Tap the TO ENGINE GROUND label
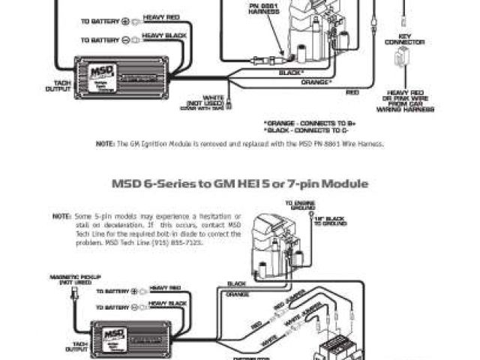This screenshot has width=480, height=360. coord(298,205)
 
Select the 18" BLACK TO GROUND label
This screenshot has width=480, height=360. coord(330,220)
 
